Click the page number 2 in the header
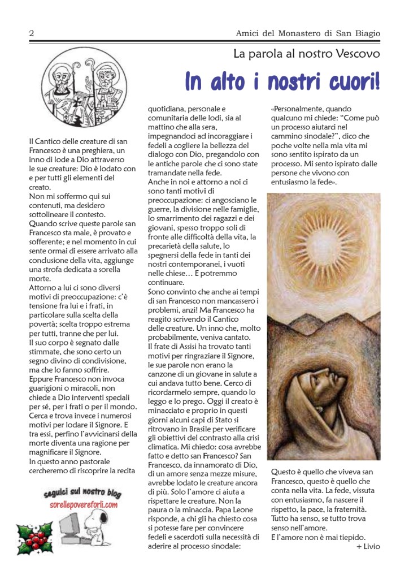[32, 34]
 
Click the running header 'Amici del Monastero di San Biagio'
[308, 34]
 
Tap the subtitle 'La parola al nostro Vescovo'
[307, 54]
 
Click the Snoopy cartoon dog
[113, 524]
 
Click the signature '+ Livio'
[368, 546]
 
